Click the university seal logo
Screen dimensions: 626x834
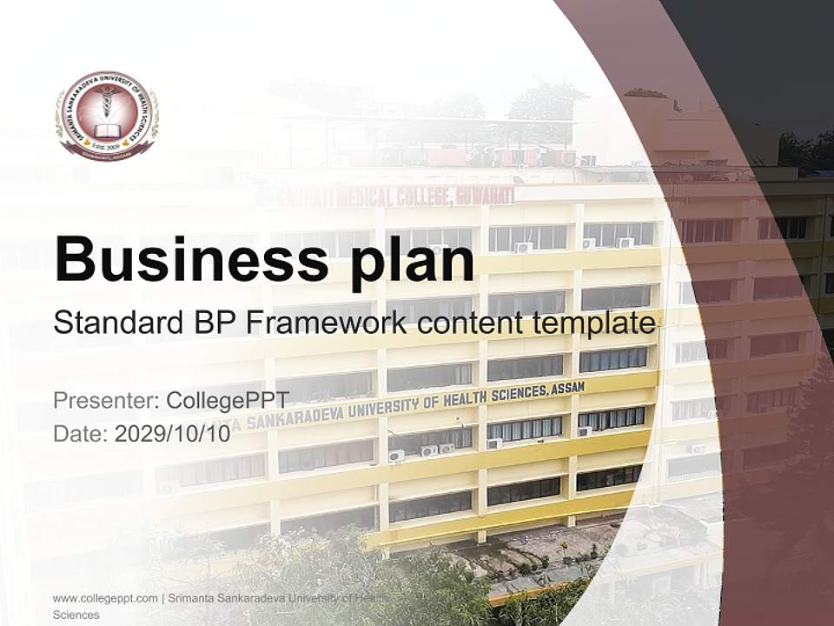[107, 115]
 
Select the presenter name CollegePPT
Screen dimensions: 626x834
[228, 401]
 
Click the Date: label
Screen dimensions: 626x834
[81, 433]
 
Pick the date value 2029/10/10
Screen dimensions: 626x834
[173, 433]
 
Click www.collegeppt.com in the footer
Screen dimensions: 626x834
[105, 598]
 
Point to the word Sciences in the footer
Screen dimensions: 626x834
[76, 615]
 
